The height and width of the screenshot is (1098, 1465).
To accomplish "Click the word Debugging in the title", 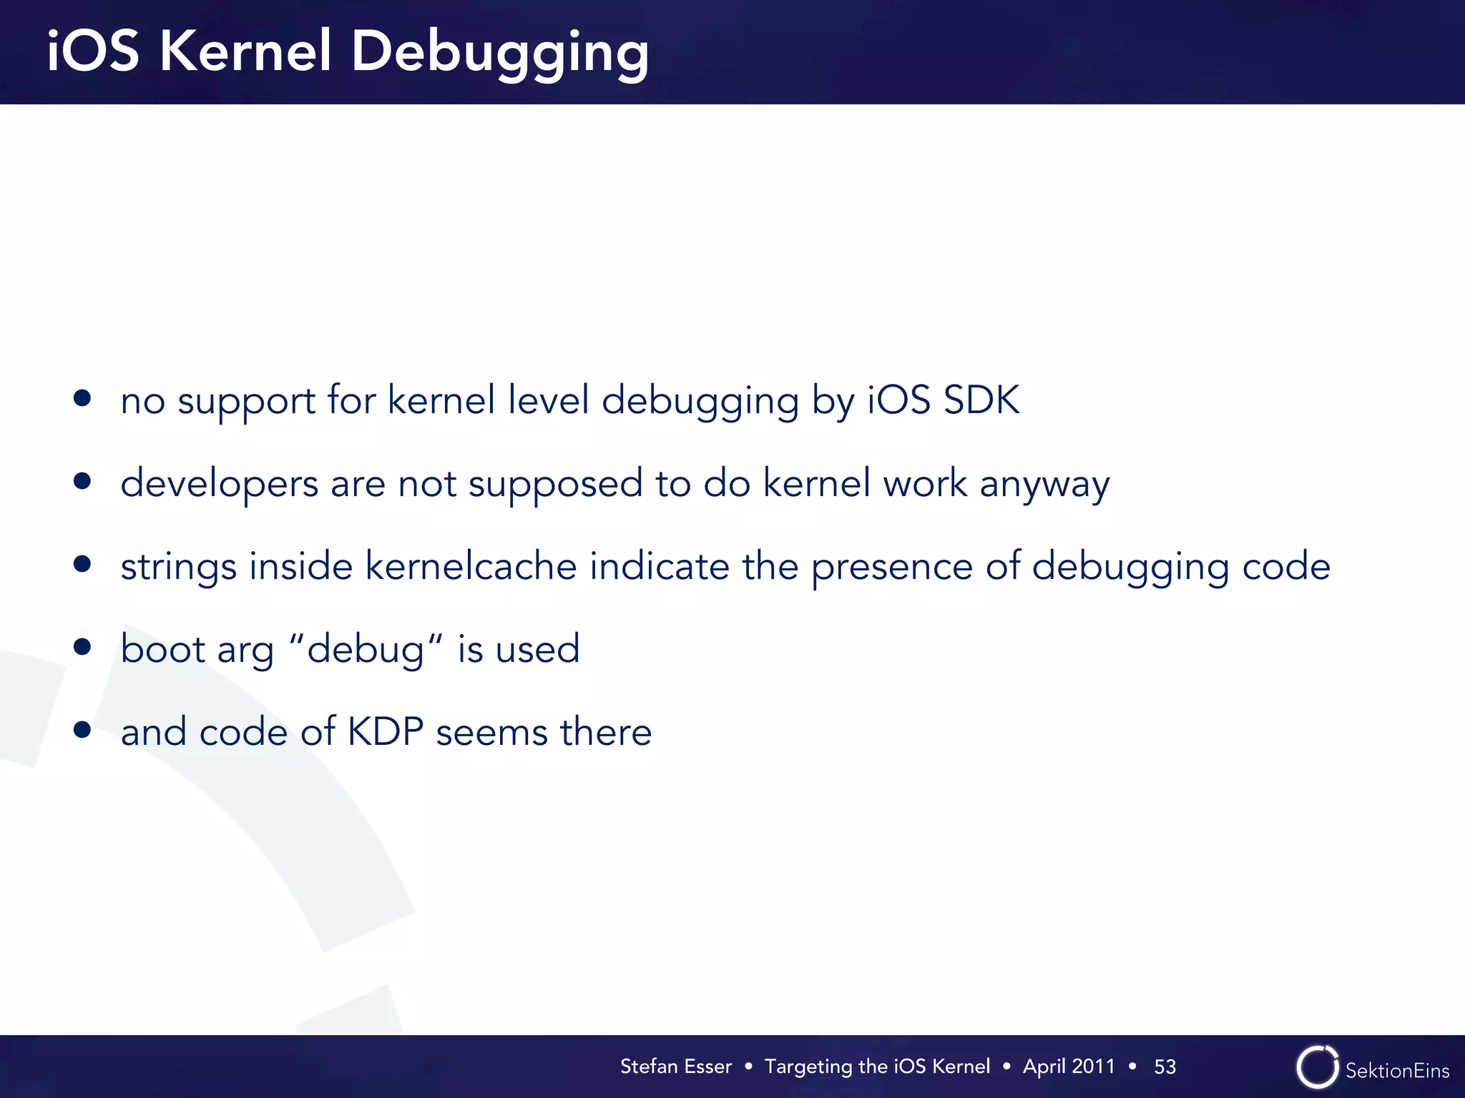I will click(499, 53).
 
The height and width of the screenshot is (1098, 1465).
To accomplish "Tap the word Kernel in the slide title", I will click(245, 51).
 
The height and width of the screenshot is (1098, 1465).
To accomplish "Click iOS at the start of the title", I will click(93, 51).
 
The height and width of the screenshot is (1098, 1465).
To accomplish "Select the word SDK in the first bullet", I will click(981, 400).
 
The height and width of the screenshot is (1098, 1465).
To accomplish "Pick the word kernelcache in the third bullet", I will click(471, 566).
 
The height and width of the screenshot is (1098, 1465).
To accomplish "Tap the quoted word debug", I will click(365, 650).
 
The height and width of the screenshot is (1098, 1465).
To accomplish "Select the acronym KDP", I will click(386, 732).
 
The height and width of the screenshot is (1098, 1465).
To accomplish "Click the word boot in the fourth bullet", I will click(163, 649).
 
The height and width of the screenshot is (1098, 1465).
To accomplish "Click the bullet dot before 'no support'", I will click(82, 398).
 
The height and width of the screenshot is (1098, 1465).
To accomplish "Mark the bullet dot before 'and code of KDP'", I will click(82, 730).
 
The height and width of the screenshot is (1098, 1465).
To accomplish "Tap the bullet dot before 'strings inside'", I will click(82, 564).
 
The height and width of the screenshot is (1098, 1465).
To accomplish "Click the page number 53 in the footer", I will click(1165, 1067).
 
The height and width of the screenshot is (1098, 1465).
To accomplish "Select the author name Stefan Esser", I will click(675, 1067).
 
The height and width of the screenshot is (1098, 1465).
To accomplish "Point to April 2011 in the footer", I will click(1069, 1067).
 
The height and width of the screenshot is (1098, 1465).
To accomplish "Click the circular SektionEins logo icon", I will click(1317, 1067).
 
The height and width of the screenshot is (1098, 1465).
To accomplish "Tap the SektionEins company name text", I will click(1397, 1071).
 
